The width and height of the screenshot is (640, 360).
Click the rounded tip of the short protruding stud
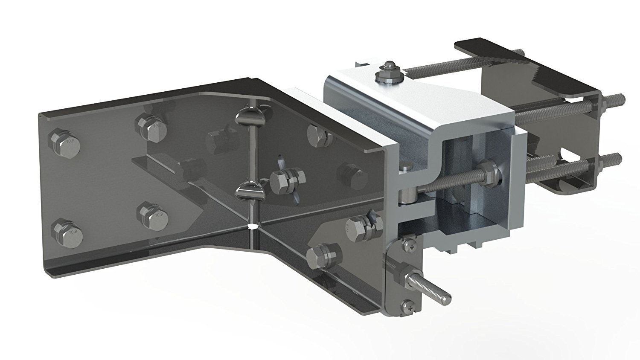point(447,296)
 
